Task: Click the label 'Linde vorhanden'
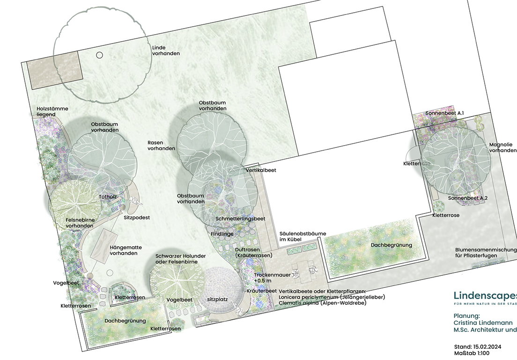[166, 51]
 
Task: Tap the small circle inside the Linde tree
[99, 55]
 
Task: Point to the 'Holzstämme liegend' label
[52, 111]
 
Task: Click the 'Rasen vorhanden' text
[161, 145]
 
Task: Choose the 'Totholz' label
[108, 196]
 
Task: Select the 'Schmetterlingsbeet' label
[240, 219]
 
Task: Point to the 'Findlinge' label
[222, 234]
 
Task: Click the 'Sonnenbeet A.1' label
[444, 113]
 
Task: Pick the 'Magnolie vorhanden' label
[502, 147]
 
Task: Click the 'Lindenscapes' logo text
[485, 295]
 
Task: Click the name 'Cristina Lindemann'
[483, 323]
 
